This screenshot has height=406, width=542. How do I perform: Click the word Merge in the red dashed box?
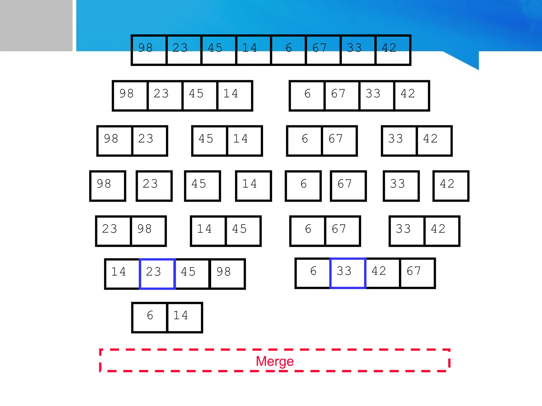click(x=275, y=361)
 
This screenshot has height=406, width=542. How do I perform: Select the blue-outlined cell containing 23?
click(x=157, y=274)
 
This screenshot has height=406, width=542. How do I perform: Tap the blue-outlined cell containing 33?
click(x=348, y=273)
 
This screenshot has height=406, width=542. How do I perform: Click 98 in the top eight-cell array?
click(x=149, y=50)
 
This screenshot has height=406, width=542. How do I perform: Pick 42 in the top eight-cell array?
click(x=393, y=50)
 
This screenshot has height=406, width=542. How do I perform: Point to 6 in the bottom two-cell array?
click(x=150, y=317)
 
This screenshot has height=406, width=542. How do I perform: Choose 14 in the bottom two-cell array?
click(x=185, y=317)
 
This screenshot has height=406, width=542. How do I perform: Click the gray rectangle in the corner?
click(x=36, y=25)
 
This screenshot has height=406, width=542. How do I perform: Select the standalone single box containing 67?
click(x=348, y=186)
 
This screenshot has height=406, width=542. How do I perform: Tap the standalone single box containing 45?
click(x=202, y=186)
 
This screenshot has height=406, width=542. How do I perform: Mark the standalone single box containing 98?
click(x=107, y=186)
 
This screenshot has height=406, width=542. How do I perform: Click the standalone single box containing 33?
click(x=401, y=186)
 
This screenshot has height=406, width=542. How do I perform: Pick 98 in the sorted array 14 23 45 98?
click(x=227, y=274)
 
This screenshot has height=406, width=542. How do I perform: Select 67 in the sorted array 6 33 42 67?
click(x=417, y=273)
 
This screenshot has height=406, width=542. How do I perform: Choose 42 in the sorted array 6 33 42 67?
click(x=382, y=273)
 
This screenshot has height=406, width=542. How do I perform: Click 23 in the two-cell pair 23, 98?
click(x=113, y=231)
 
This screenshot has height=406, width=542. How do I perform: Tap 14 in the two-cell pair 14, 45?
click(x=208, y=231)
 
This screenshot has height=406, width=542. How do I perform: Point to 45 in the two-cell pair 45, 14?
click(x=210, y=141)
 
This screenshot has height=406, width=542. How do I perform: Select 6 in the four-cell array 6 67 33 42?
click(x=307, y=96)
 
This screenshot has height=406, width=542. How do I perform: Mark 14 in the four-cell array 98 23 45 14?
click(x=234, y=96)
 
